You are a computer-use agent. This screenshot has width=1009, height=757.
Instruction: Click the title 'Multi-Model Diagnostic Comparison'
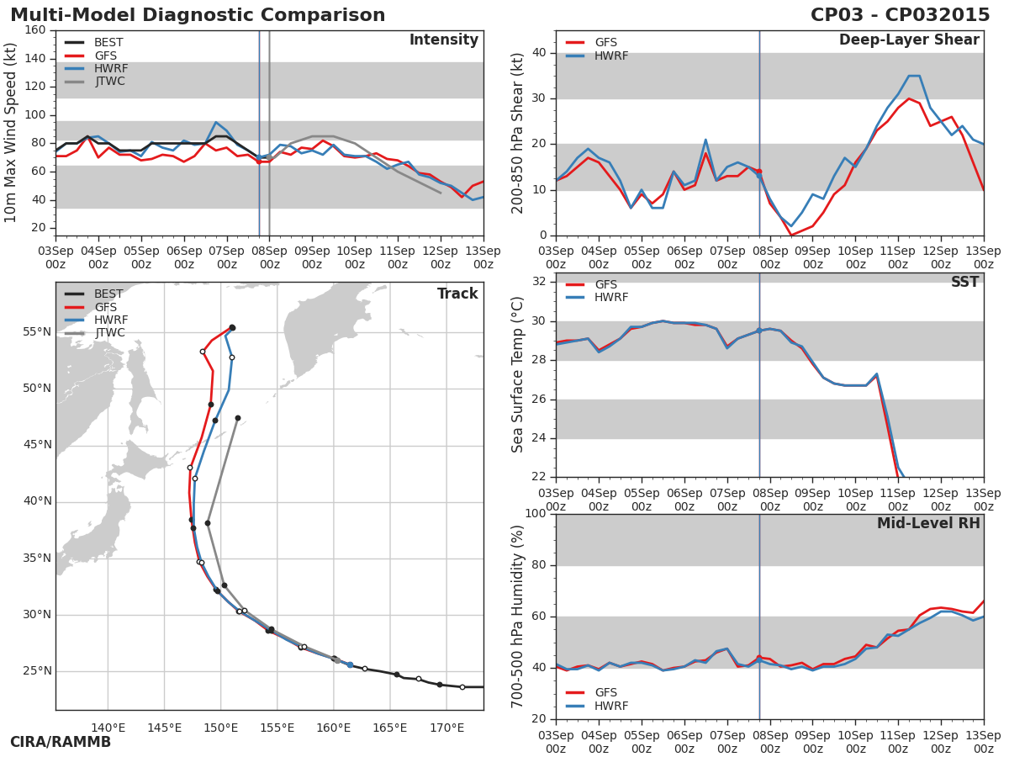198,15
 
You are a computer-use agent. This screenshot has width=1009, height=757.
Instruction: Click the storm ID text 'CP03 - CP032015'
900,15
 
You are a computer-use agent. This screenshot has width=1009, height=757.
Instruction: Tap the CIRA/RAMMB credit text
61,742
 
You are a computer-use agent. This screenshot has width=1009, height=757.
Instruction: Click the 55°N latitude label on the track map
36,331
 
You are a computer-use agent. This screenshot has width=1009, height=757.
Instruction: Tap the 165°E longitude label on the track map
390,728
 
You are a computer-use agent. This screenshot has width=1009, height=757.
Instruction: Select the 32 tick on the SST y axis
537,282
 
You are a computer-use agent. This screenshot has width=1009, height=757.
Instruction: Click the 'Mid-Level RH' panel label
928,523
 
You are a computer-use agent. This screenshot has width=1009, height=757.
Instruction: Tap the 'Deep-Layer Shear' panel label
909,40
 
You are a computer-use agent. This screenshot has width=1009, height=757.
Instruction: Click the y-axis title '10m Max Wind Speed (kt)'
11,133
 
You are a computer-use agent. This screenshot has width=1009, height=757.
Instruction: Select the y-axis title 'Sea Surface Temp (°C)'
518,375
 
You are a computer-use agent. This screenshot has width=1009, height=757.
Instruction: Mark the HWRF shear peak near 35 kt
913,76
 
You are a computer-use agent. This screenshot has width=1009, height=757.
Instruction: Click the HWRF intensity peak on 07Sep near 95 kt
216,122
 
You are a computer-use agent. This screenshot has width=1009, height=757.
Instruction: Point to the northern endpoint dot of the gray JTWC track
238,418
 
